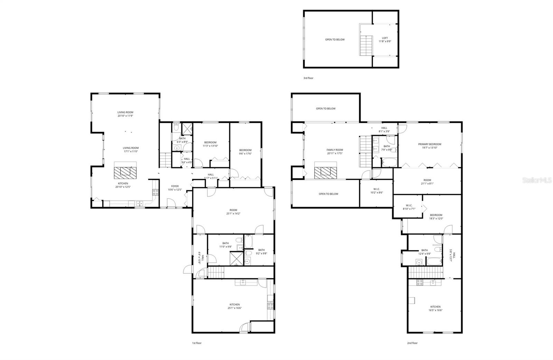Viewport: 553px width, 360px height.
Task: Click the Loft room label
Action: (385, 40)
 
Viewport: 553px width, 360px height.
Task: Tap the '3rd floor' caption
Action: (308, 78)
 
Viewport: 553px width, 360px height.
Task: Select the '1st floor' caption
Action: (197, 343)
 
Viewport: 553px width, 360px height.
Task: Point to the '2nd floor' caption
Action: (412, 343)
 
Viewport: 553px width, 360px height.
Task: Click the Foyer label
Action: (175, 188)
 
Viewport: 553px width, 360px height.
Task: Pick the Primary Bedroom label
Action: (429, 146)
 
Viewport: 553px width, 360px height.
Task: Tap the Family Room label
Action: (335, 151)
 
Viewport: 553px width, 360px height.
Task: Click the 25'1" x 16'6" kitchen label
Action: (234, 306)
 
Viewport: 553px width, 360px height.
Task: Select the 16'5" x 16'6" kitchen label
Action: (435, 308)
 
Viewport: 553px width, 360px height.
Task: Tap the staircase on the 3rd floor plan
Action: (365, 45)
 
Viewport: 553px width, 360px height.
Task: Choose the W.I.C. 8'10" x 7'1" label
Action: (409, 207)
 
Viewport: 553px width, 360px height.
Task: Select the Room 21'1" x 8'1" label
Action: (427, 182)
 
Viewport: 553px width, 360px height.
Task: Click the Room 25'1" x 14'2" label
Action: (233, 211)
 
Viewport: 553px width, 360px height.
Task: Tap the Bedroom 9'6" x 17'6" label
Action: (245, 152)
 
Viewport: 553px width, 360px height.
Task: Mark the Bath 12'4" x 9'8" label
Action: (424, 252)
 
